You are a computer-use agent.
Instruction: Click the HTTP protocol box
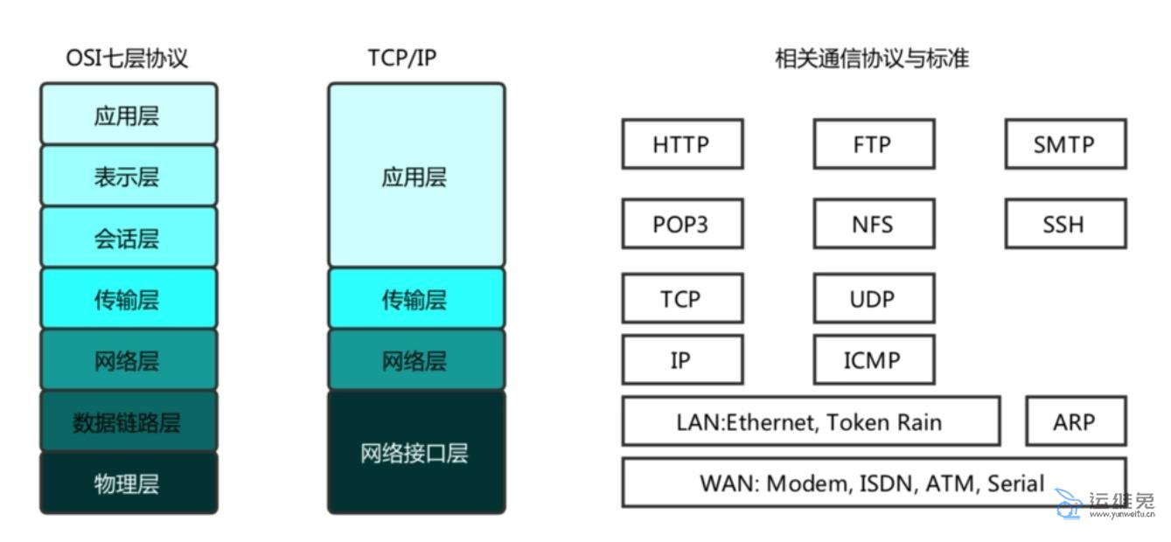681,144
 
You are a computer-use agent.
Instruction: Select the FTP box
873,144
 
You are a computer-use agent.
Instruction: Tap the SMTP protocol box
1064,144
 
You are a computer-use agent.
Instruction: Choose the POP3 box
681,224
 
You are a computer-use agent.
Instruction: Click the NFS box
873,224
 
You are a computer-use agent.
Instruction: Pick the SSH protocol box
1064,224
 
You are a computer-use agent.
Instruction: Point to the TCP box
681,299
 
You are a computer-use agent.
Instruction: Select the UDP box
873,299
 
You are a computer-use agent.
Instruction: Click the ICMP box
873,359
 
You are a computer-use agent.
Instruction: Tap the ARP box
1075,421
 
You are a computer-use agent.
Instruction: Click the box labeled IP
681,359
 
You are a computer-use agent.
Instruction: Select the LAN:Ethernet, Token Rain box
810,421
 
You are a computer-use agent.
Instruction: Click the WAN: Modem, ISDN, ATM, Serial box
873,483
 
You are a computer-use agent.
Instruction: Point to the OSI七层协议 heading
128,59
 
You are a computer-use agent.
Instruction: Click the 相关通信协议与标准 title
872,59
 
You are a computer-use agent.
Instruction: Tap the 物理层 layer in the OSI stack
128,483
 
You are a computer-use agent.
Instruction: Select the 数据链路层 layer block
128,421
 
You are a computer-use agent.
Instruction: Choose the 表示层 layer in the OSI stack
128,177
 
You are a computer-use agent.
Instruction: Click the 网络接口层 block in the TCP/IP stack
415,452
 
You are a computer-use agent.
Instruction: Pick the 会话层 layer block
128,238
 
